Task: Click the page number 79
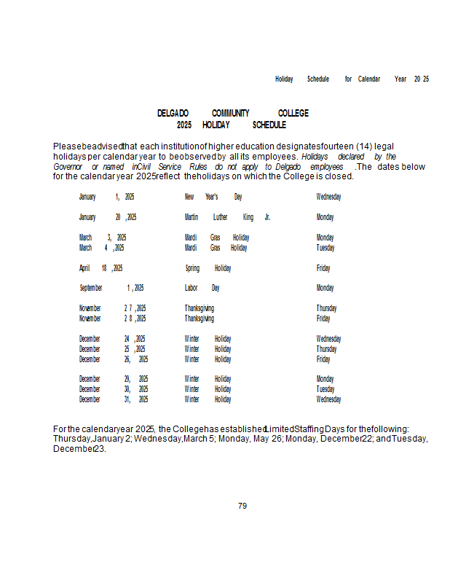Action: point(242,506)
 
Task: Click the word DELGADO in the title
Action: point(173,114)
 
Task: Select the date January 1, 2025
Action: point(106,197)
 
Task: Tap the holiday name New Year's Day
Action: point(213,197)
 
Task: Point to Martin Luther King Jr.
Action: point(227,217)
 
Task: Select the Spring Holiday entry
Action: point(208,268)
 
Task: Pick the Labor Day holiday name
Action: point(202,289)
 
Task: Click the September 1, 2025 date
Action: point(111,289)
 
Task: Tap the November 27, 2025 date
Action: point(113,308)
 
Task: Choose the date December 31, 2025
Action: point(114,399)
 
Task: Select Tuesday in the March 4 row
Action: point(325,248)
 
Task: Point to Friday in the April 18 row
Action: point(323,268)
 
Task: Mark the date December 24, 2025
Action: point(112,339)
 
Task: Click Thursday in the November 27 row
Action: point(326,308)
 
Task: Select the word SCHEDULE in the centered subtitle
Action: point(269,125)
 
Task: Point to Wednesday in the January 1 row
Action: point(328,197)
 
